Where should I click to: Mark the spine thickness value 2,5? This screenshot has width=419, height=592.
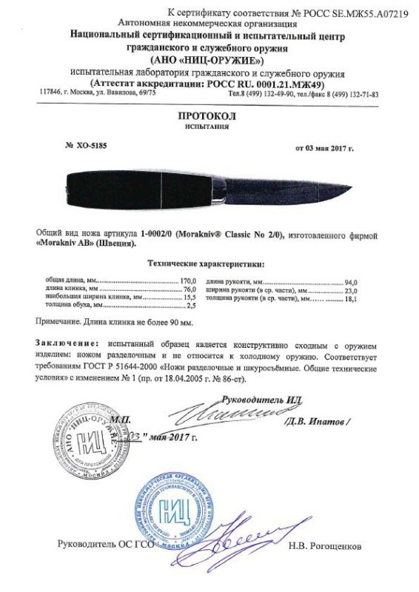coord(190,305)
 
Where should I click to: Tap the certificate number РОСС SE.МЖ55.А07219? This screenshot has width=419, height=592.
coord(355,13)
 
